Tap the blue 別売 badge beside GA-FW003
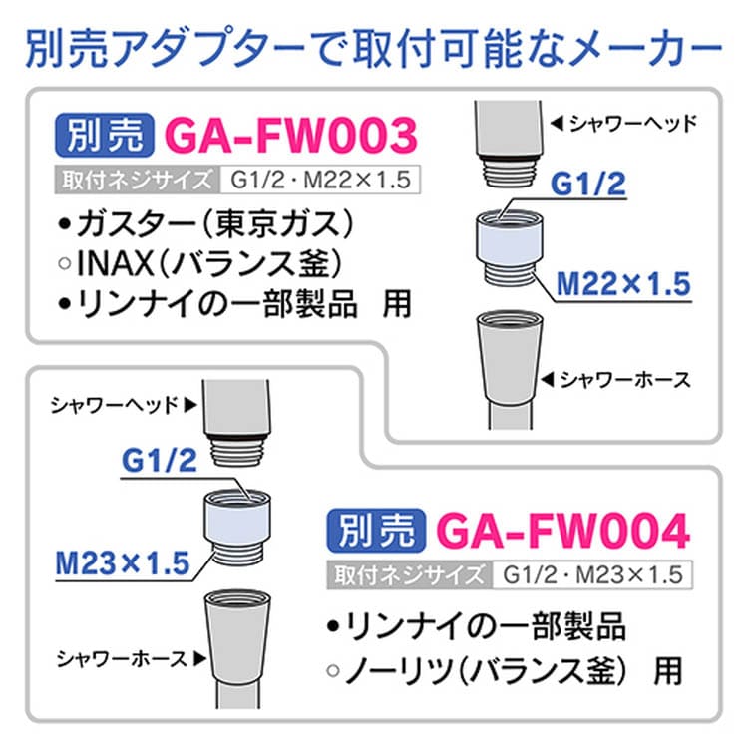pyautogui.click(x=108, y=135)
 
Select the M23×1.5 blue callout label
pyautogui.click(x=123, y=562)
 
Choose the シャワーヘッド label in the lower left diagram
pyautogui.click(x=117, y=404)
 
